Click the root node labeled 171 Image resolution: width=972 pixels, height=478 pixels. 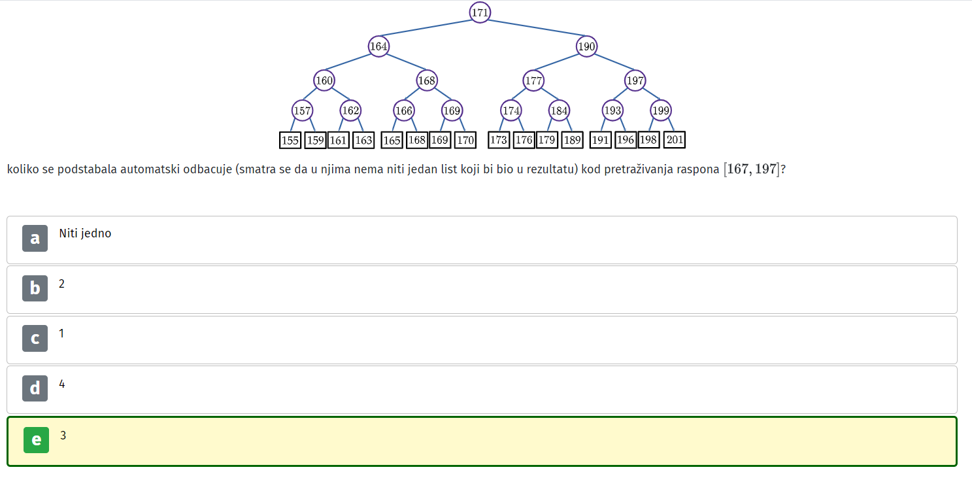pyautogui.click(x=480, y=12)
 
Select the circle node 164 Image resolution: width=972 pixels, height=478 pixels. pyautogui.click(x=378, y=46)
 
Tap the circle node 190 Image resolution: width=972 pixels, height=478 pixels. pyautogui.click(x=586, y=46)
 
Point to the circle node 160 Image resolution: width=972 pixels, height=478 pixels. pyautogui.click(x=324, y=80)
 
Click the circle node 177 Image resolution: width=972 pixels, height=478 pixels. pyautogui.click(x=533, y=80)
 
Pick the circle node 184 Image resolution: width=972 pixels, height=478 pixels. pyautogui.click(x=559, y=111)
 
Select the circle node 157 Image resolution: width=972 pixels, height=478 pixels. pyautogui.click(x=302, y=111)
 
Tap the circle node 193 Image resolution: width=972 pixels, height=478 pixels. pyautogui.click(x=612, y=111)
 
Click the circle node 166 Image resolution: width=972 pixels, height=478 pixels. pyautogui.click(x=403, y=111)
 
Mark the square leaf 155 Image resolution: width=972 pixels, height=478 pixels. pyautogui.click(x=290, y=140)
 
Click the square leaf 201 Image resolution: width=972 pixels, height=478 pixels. pyautogui.click(x=675, y=140)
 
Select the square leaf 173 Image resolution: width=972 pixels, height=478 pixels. pyautogui.click(x=499, y=140)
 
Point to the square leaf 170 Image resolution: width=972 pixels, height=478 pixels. pyautogui.click(x=465, y=140)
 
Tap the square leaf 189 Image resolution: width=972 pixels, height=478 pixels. pyautogui.click(x=572, y=140)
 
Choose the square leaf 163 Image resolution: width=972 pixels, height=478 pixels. pyautogui.click(x=363, y=140)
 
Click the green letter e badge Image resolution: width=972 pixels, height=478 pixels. pyautogui.click(x=36, y=440)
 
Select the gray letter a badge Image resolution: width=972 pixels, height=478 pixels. pyautogui.click(x=35, y=238)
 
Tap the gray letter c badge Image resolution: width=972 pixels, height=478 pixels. pyautogui.click(x=35, y=338)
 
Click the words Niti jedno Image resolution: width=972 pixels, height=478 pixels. pyautogui.click(x=85, y=233)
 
